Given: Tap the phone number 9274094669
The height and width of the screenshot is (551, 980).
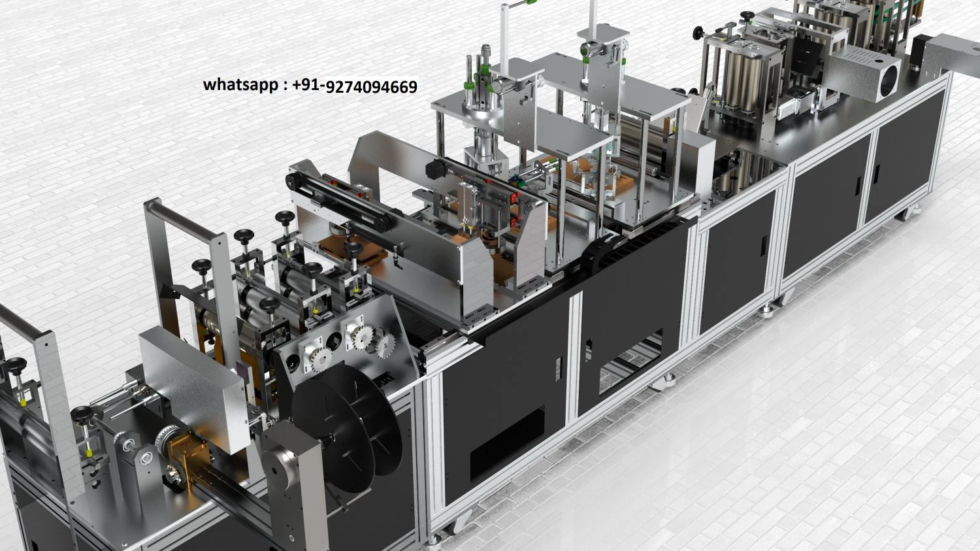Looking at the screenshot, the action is (372, 87).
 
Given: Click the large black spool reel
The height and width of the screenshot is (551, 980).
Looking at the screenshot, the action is (346, 429).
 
